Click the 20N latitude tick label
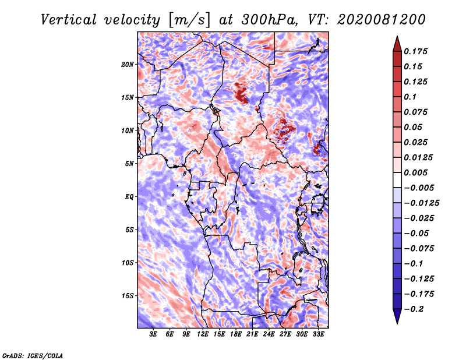(x=128, y=65)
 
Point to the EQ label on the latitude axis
(x=129, y=197)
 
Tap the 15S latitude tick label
(x=128, y=296)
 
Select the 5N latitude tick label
(x=129, y=164)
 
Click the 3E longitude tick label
(x=153, y=334)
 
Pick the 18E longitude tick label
(x=236, y=334)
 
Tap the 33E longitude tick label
(x=318, y=334)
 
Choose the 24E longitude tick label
(x=269, y=334)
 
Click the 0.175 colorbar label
(x=415, y=51)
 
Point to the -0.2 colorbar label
(x=414, y=309)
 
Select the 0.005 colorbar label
(x=415, y=172)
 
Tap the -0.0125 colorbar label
(x=421, y=203)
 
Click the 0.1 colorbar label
(x=410, y=97)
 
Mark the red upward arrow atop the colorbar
(x=397, y=44)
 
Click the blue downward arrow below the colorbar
(x=397, y=316)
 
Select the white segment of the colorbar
(x=397, y=180)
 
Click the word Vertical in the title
(x=69, y=20)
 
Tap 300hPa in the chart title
(x=269, y=20)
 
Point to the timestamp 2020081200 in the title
(x=381, y=20)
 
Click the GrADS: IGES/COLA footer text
(x=33, y=355)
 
